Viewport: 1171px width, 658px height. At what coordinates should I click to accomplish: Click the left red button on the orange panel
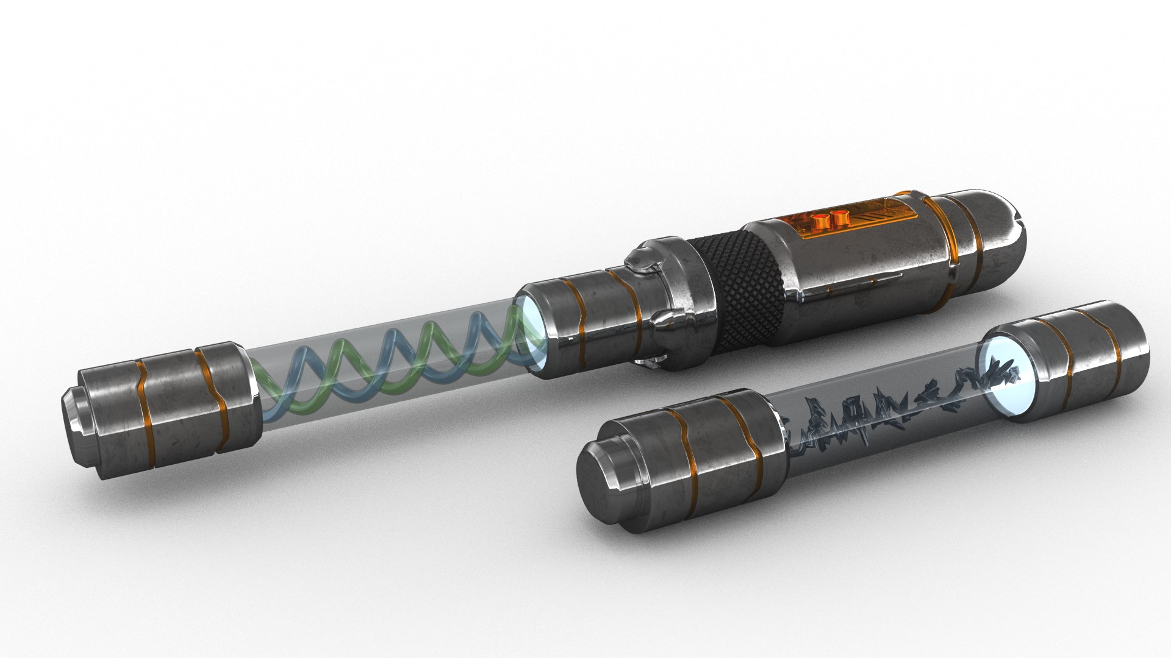[x=819, y=218]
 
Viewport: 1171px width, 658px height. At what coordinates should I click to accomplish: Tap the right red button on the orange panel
[x=840, y=216]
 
